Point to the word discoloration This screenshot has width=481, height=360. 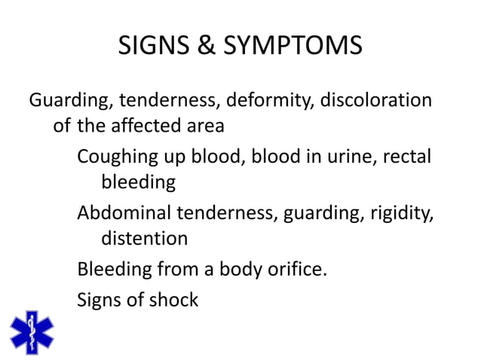[x=376, y=100]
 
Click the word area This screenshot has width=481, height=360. [x=203, y=126]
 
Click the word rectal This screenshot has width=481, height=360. [x=408, y=157]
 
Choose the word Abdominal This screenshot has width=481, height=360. [x=124, y=213]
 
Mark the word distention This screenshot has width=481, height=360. [x=144, y=239]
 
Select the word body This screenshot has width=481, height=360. [x=239, y=269]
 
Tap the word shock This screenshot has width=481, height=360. [x=173, y=300]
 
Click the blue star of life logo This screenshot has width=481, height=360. [x=31, y=331]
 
